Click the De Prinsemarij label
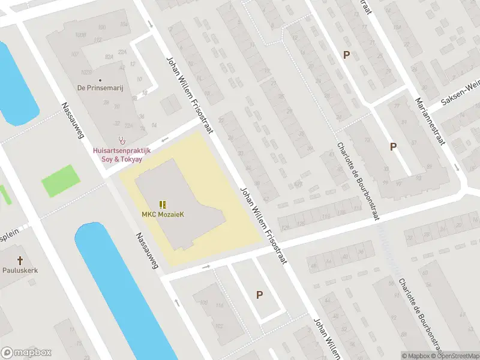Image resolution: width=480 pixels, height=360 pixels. click(100, 88)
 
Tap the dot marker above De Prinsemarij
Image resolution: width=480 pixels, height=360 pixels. click(100, 80)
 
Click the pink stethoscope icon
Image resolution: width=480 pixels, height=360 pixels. click(122, 140)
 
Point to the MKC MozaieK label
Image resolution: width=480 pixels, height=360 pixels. click(163, 214)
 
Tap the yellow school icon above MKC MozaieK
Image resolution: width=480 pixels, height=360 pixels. click(163, 205)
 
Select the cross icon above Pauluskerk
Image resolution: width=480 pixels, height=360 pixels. click(20, 260)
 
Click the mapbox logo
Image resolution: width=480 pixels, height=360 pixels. click(26, 353)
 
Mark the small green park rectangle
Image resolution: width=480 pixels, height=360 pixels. click(61, 180)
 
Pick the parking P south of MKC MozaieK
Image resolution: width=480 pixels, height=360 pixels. click(259, 295)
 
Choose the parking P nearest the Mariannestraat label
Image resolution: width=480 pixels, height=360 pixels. click(394, 146)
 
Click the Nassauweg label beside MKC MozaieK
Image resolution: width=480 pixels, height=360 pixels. click(146, 250)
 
